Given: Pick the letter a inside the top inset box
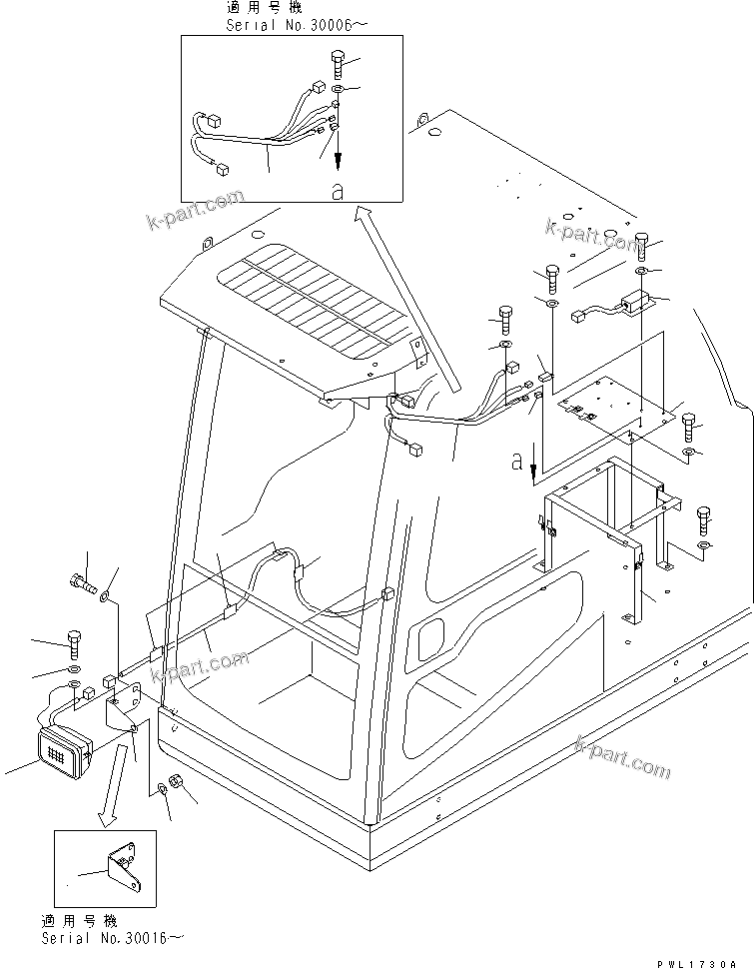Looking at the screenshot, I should click(337, 191).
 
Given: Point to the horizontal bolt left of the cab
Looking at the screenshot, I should click(85, 579).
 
